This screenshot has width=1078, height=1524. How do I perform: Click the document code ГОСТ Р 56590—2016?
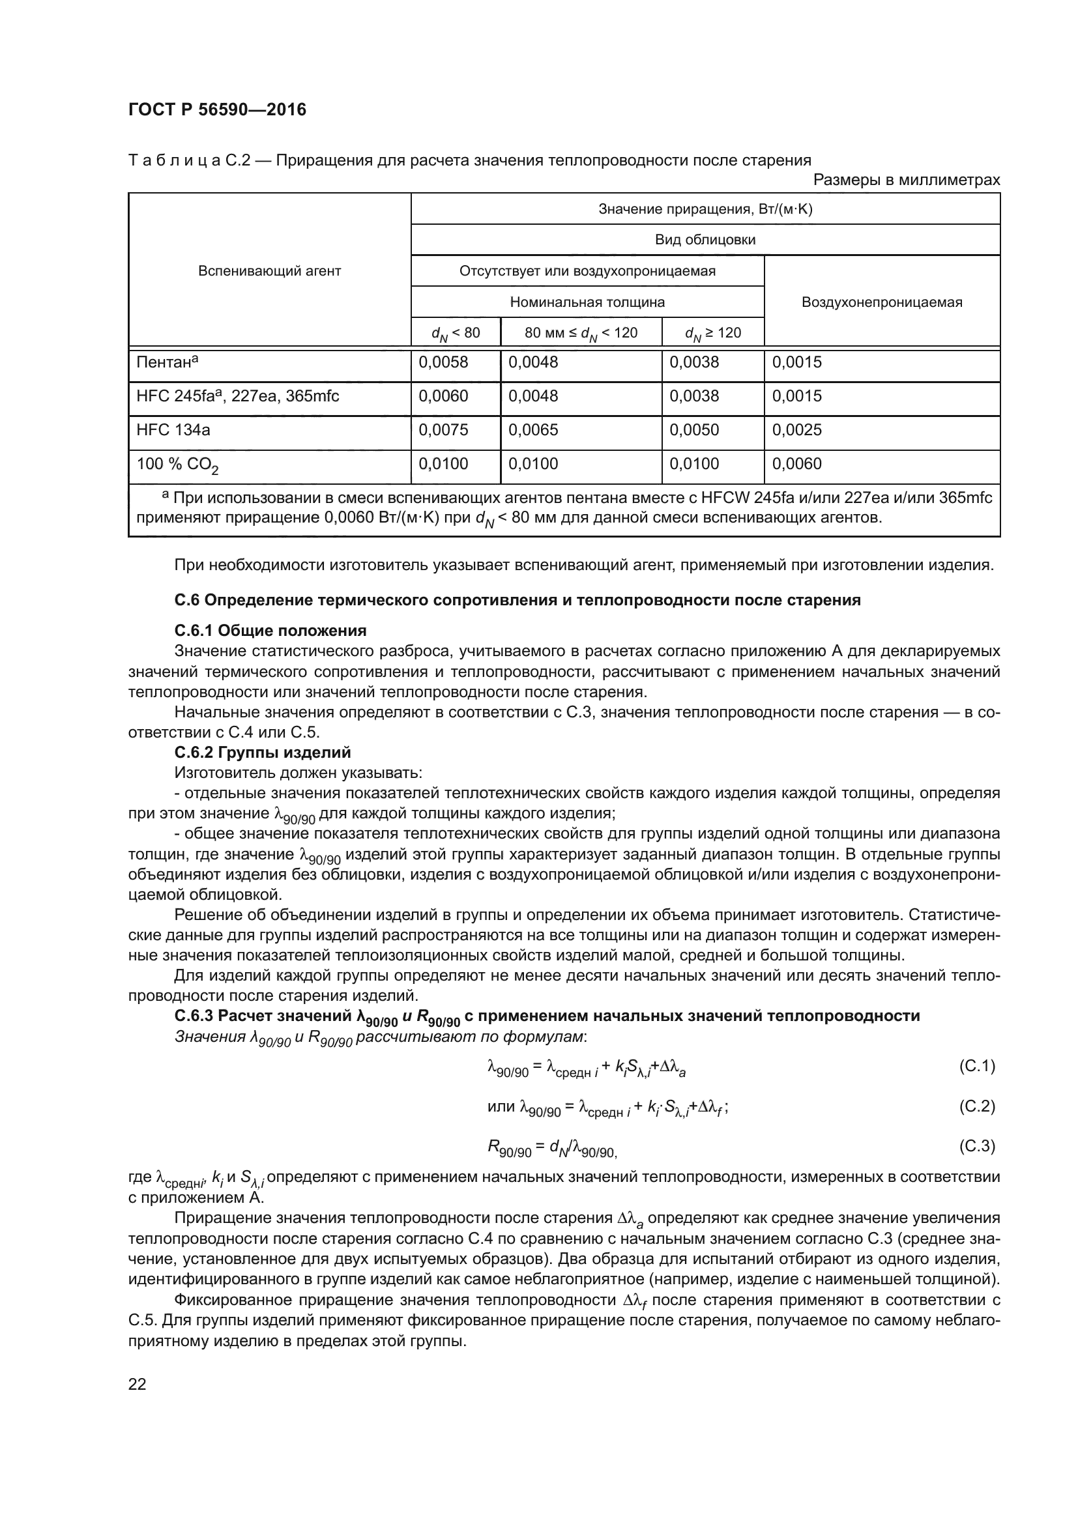[217, 110]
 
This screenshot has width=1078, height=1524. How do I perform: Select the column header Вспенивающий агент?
[270, 271]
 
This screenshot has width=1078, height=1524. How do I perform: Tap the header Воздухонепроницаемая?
[882, 302]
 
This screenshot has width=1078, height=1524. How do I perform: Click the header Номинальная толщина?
[587, 302]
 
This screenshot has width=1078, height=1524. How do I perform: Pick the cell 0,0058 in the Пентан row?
[443, 362]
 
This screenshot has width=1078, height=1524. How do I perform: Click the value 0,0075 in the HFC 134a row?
[443, 430]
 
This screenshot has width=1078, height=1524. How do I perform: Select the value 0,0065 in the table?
[533, 430]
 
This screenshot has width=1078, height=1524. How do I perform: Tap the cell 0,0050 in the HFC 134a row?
[693, 430]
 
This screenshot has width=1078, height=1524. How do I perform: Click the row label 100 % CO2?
[177, 465]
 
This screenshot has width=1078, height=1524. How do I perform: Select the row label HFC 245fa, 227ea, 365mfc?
[238, 396]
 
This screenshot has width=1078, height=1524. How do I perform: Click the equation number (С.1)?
[976, 1066]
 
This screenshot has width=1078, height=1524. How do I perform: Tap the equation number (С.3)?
[976, 1145]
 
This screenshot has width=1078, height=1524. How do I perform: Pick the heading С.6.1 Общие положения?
[270, 630]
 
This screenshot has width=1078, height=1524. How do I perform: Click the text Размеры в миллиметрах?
[906, 180]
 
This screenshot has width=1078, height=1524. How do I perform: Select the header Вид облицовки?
[705, 240]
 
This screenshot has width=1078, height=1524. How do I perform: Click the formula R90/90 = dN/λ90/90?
[551, 1147]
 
